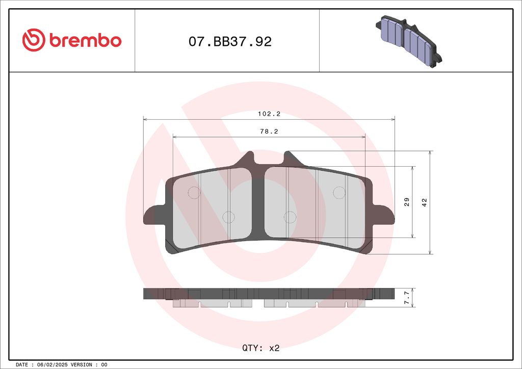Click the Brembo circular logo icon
click(34, 40)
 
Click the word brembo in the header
click(86, 40)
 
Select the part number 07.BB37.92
click(230, 42)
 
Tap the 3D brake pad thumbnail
click(408, 41)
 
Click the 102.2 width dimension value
click(269, 114)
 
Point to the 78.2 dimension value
click(269, 131)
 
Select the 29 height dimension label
click(407, 202)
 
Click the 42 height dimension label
click(425, 202)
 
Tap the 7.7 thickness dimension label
click(407, 298)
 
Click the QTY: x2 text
click(260, 348)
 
